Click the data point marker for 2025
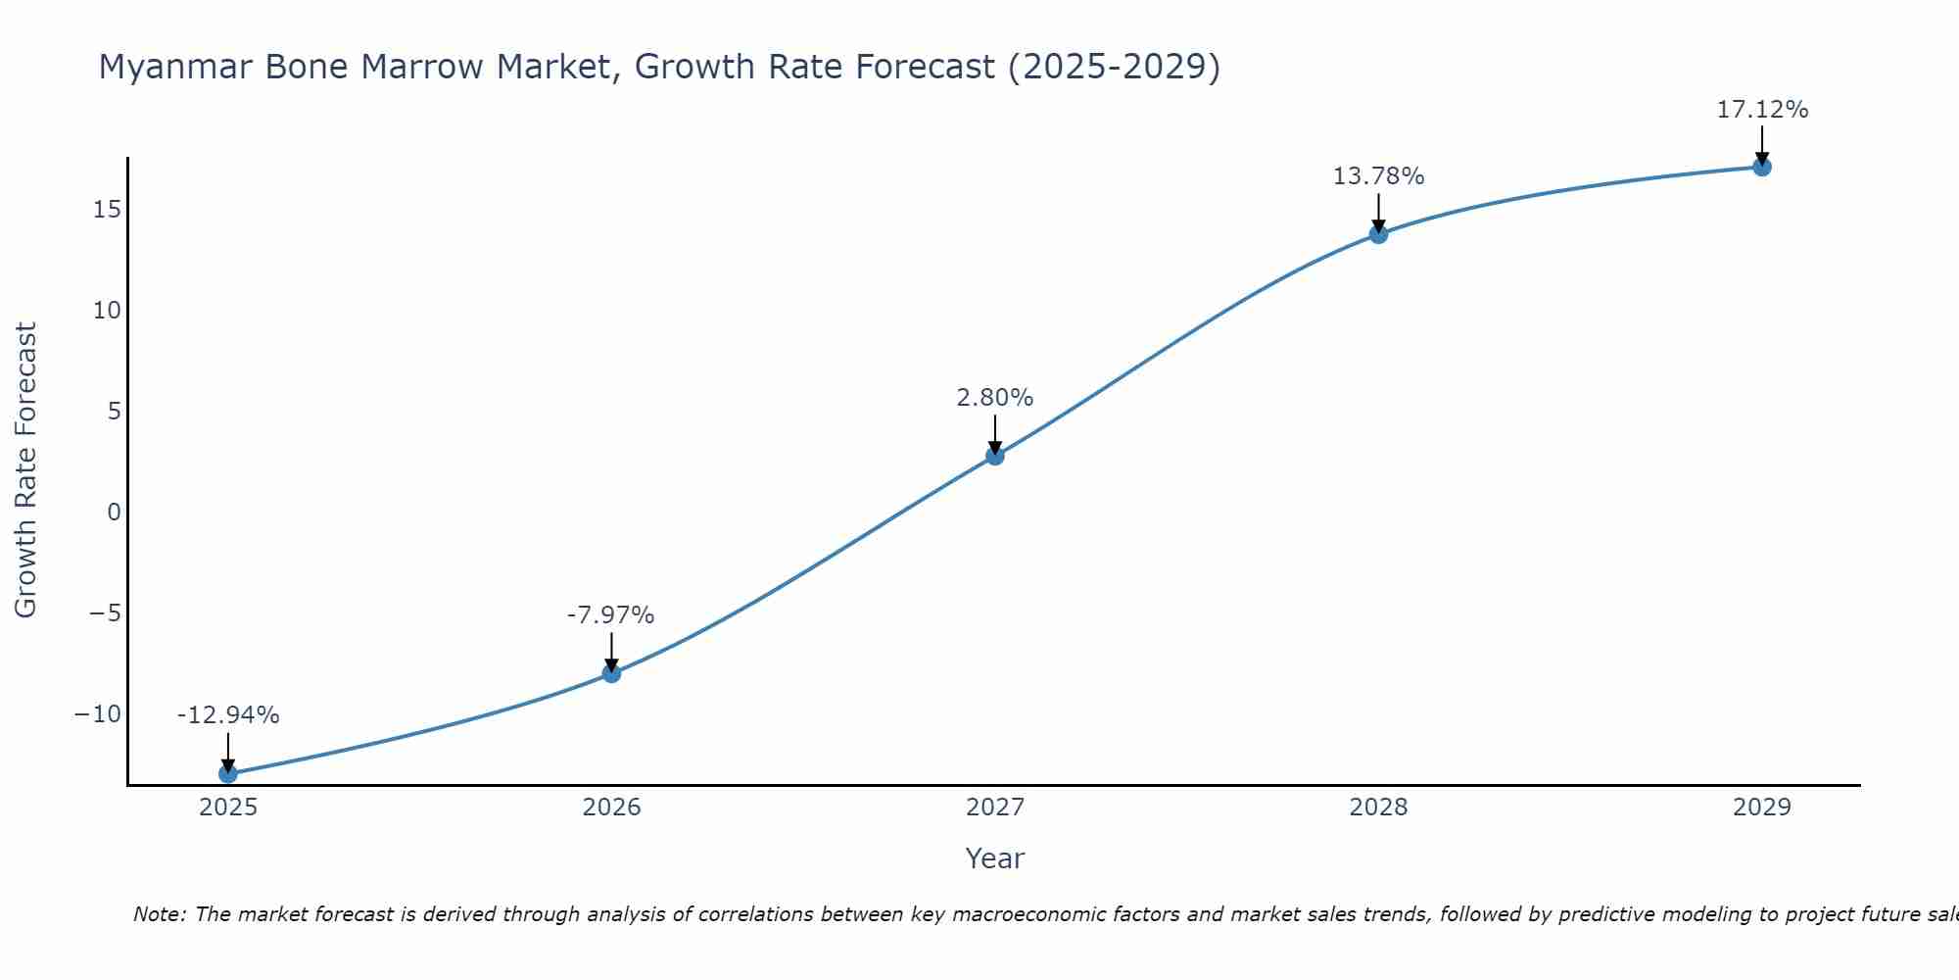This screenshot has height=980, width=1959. (x=228, y=773)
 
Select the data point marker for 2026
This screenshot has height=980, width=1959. (x=611, y=673)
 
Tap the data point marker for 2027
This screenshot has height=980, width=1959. (x=995, y=455)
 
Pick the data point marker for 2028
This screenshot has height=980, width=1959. (x=1378, y=233)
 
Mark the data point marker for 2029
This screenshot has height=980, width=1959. (x=1762, y=167)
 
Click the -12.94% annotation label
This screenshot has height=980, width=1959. (x=228, y=715)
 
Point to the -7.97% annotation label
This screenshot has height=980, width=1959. (x=610, y=615)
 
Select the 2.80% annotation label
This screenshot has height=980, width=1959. (x=995, y=398)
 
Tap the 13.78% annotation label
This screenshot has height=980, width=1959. (x=1378, y=176)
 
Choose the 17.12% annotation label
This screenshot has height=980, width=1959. (x=1762, y=110)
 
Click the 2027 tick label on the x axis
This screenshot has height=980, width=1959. (x=995, y=808)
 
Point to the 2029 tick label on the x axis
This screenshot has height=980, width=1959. (x=1762, y=808)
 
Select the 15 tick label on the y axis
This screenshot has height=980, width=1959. (x=108, y=210)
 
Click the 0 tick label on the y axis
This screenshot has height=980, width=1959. (x=115, y=512)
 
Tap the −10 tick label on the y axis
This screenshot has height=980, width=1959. (x=98, y=713)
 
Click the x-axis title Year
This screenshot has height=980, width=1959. (x=995, y=858)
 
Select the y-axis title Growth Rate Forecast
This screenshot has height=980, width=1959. (x=26, y=470)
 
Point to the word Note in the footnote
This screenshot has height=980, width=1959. (x=158, y=914)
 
